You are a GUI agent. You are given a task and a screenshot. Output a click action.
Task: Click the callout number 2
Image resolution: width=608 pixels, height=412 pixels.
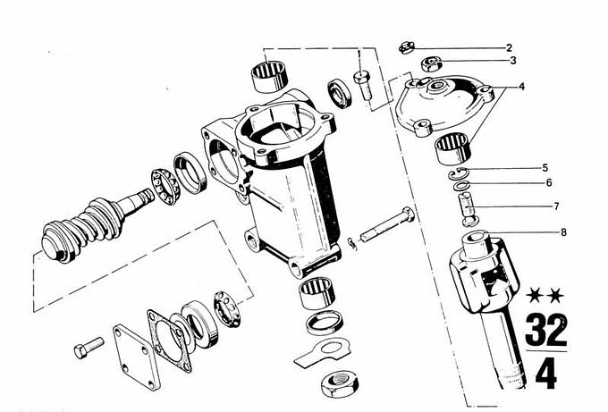click(509, 48)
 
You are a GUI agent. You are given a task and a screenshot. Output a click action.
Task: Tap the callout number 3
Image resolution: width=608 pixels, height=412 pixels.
click(513, 61)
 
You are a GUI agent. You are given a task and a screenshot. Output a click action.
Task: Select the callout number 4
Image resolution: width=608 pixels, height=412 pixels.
click(521, 87)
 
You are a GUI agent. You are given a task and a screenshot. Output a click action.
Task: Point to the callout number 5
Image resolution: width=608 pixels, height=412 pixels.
click(545, 168)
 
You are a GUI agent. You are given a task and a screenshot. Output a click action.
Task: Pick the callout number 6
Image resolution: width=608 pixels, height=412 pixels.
click(549, 182)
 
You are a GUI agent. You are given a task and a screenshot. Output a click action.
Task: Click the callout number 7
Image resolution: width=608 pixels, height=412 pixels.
click(556, 206)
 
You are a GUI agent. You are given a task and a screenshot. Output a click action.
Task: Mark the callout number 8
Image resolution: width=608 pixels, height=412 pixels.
click(563, 232)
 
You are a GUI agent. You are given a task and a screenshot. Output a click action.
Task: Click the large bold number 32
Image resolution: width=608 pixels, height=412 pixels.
click(546, 330)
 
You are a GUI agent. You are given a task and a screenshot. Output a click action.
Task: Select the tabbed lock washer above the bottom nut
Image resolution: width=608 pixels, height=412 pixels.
click(323, 351)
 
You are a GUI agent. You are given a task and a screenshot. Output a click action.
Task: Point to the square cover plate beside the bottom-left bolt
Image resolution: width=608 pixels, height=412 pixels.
click(137, 357)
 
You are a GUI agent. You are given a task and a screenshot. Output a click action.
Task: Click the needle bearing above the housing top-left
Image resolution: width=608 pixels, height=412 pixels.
click(269, 77)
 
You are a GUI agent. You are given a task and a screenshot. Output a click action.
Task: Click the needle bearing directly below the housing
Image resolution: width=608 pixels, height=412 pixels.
click(317, 293)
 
